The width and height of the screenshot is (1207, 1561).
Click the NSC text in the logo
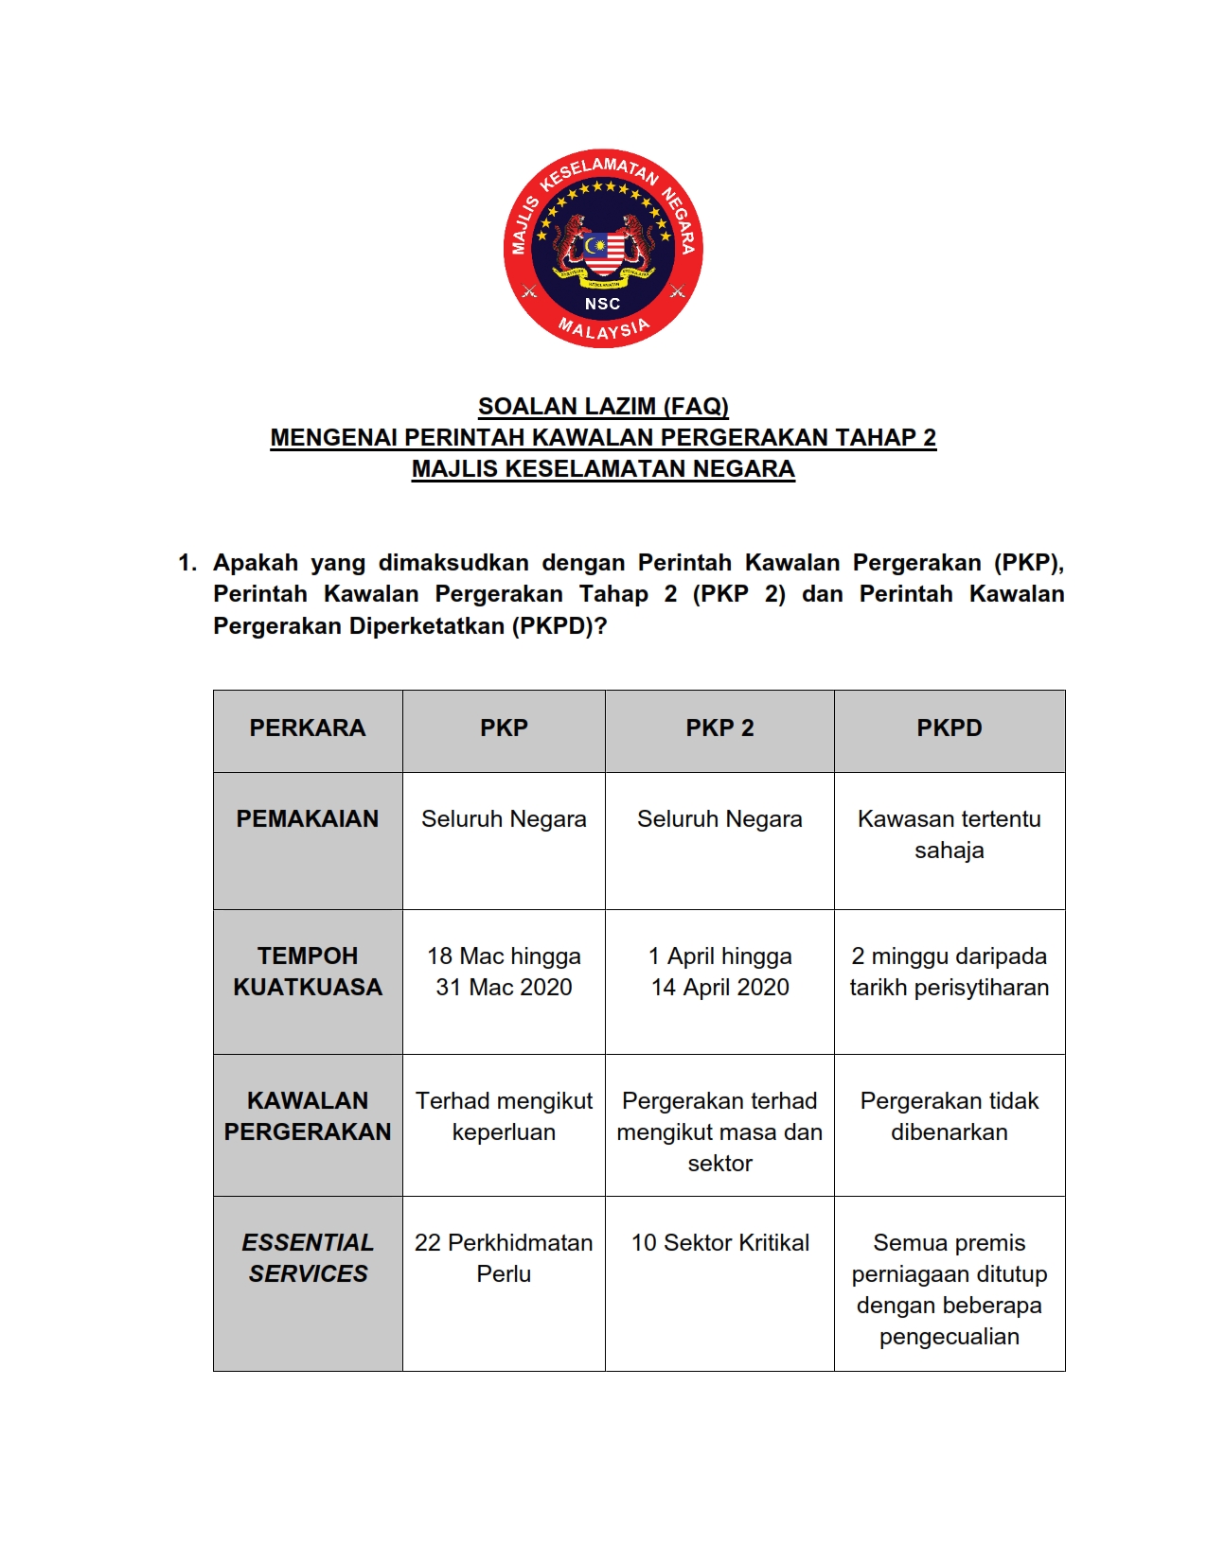pyautogui.click(x=602, y=304)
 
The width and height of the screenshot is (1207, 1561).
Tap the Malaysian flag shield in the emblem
pyautogui.click(x=603, y=253)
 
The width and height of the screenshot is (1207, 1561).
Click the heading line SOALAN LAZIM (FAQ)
pyautogui.click(x=603, y=407)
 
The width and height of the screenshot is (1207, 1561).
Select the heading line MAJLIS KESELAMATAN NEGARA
pyautogui.click(x=603, y=469)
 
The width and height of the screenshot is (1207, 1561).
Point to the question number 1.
pyautogui.click(x=186, y=563)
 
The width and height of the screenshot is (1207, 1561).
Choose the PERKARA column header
pyautogui.click(x=308, y=728)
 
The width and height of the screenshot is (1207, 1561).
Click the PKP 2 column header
pyautogui.click(x=719, y=728)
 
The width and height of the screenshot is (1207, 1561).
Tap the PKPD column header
pyautogui.click(x=949, y=728)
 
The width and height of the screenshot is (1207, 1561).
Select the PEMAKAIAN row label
pyautogui.click(x=308, y=819)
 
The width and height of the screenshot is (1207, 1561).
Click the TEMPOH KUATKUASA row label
pyautogui.click(x=308, y=972)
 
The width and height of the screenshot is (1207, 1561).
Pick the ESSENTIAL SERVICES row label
pyautogui.click(x=308, y=1258)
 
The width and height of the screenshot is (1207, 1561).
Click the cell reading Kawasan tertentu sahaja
pyautogui.click(x=949, y=834)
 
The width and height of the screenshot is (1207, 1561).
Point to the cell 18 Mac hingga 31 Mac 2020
pyautogui.click(x=504, y=972)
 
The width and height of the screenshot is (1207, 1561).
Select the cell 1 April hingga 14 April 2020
pyautogui.click(x=719, y=972)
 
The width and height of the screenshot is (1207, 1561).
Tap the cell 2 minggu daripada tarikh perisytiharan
pyautogui.click(x=949, y=972)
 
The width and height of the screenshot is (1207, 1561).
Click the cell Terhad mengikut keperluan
pyautogui.click(x=504, y=1116)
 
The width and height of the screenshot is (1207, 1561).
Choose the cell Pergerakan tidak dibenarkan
pyautogui.click(x=949, y=1116)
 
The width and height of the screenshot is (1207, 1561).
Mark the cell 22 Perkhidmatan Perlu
pyautogui.click(x=504, y=1258)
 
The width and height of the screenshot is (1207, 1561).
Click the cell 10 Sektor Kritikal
pyautogui.click(x=719, y=1243)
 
